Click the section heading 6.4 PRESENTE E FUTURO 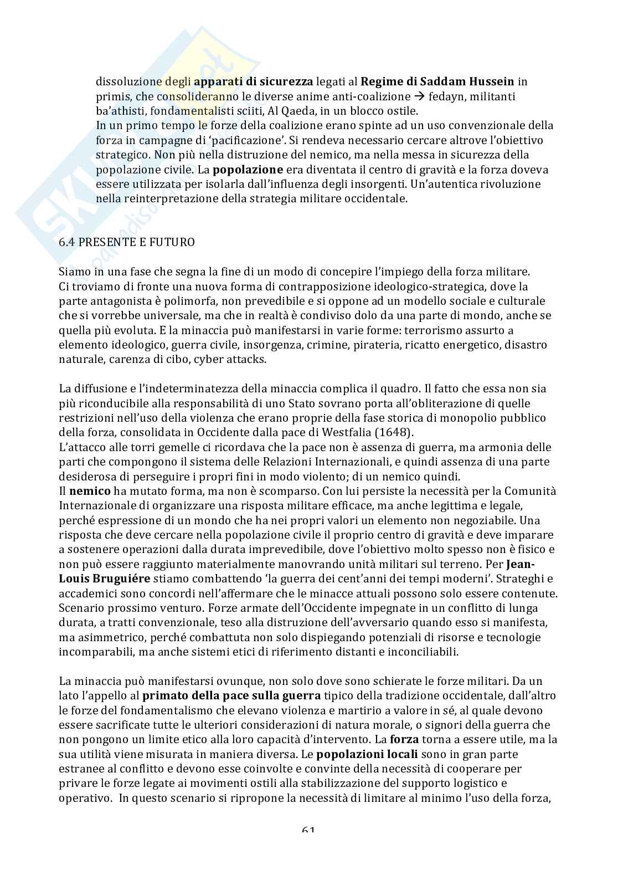click(127, 242)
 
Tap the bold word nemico click(90, 490)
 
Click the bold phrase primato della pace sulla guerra click(231, 695)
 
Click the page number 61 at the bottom click(308, 830)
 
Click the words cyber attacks click(236, 359)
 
